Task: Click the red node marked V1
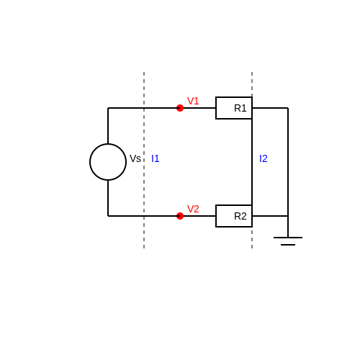tap(180, 108)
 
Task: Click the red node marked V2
tap(180, 216)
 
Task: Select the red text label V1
tap(193, 101)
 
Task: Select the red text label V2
tap(193, 209)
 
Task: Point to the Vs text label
tap(135, 158)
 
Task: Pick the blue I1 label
tap(156, 158)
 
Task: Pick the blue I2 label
tap(264, 158)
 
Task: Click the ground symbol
tap(288, 238)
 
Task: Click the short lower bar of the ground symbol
tap(288, 245)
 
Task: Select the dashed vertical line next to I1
tap(144, 160)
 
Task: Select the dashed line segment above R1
tap(252, 84)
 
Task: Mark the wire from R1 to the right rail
tap(270, 108)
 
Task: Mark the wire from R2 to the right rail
tap(270, 216)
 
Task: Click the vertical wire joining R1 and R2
tap(252, 162)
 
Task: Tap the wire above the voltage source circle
tap(108, 125)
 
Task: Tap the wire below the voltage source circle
tap(108, 199)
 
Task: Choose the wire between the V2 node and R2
tap(199, 216)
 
